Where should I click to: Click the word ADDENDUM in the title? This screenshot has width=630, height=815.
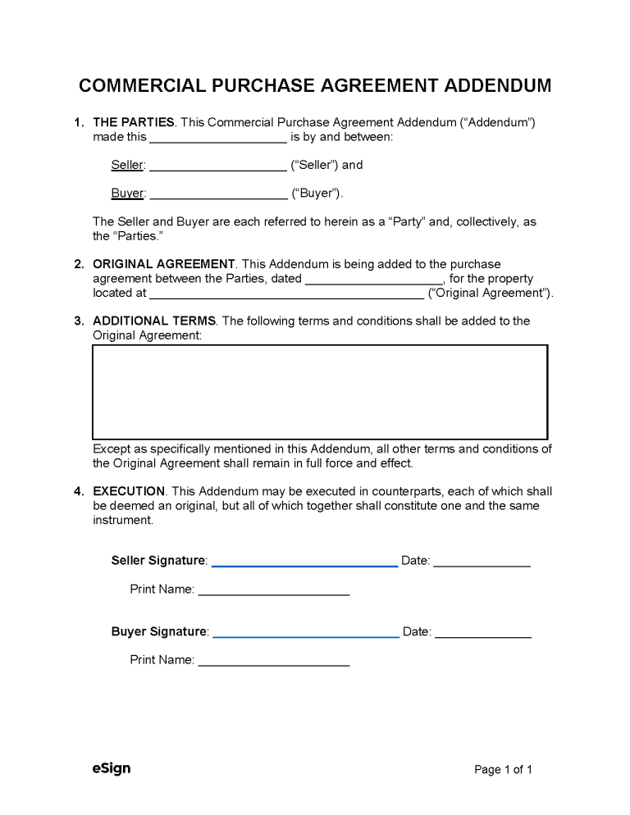pos(483,86)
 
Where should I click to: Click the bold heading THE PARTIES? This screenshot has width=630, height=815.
pos(134,122)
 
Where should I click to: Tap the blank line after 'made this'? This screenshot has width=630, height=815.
pos(218,139)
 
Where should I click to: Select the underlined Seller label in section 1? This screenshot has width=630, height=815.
pos(127,165)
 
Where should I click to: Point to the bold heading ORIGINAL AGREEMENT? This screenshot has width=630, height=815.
pos(164,264)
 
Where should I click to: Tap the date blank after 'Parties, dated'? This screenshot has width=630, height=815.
pos(373,279)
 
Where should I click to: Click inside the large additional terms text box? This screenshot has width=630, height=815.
pos(320,392)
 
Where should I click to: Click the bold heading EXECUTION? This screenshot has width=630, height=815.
pos(130,491)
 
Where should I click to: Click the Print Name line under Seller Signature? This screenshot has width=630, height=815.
pos(274,591)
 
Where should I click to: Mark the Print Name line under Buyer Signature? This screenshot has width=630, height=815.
pos(274,662)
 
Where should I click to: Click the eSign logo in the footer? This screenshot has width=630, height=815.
pos(112,768)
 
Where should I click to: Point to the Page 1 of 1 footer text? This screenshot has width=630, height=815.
pos(504,769)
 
